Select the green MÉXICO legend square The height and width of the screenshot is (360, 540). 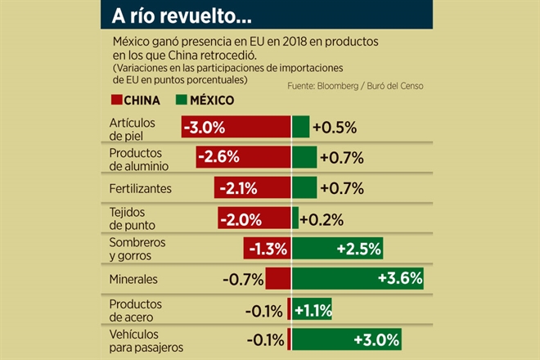182,101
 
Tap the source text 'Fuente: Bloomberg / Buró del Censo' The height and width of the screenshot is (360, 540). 360,85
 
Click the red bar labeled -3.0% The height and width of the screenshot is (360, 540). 236,127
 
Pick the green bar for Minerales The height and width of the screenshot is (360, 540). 358,279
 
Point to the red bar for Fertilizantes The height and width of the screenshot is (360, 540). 253,188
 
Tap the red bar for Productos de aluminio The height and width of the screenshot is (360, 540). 243,157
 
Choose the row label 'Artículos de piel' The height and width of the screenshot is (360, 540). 133,128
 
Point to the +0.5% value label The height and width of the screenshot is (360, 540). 332,128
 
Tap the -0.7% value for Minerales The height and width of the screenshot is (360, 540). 242,280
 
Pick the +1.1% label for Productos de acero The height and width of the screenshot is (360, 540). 313,309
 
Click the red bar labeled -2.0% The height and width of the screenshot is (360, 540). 254,218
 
